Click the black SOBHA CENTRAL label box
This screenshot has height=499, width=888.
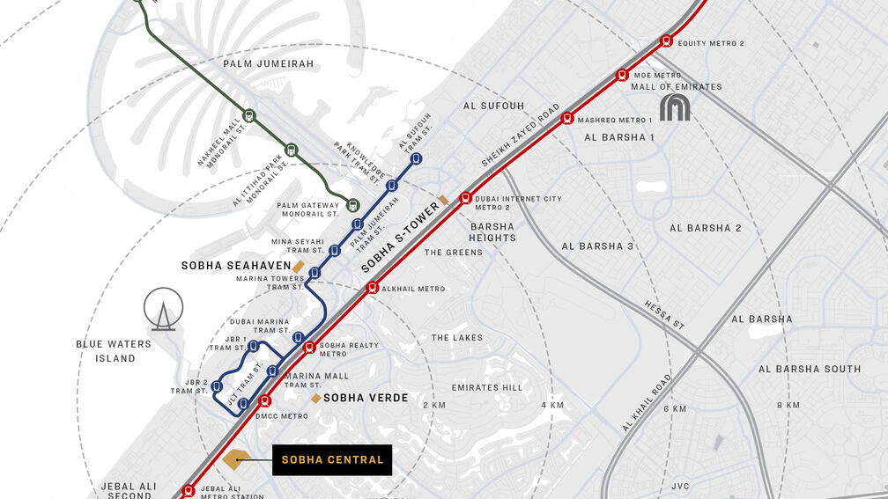pyautogui.click(x=332, y=459)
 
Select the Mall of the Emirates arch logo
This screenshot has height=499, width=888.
pyautogui.click(x=676, y=107)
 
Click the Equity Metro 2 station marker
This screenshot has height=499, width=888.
pyautogui.click(x=667, y=40)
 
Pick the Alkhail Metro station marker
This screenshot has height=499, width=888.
pyautogui.click(x=373, y=287)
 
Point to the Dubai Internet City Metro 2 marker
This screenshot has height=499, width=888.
pyautogui.click(x=466, y=197)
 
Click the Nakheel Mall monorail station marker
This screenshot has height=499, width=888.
pyautogui.click(x=249, y=115)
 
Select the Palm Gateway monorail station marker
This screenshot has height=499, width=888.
pyautogui.click(x=352, y=205)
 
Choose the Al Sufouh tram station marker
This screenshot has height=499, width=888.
pyautogui.click(x=416, y=158)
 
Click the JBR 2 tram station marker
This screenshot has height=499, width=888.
pyautogui.click(x=217, y=385)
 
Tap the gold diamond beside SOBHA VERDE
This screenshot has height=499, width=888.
pyautogui.click(x=315, y=399)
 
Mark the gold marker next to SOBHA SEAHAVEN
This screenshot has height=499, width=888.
pyautogui.click(x=299, y=266)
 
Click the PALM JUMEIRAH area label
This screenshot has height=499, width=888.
pyautogui.click(x=268, y=63)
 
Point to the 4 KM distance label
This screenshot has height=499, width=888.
pyautogui.click(x=552, y=405)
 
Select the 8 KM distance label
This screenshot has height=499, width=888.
pyautogui.click(x=788, y=405)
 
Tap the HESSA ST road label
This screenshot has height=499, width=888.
pyautogui.click(x=664, y=313)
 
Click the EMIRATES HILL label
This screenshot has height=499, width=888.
pyautogui.click(x=486, y=387)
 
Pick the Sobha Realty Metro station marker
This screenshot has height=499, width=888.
pyautogui.click(x=308, y=348)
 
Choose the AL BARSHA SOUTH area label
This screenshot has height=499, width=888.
pyautogui.click(x=810, y=369)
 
